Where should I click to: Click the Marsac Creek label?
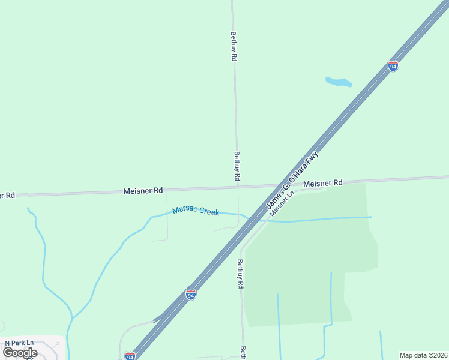tap(196, 211)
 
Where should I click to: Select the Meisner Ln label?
tap(282, 204)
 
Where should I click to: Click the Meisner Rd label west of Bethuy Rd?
tap(143, 191)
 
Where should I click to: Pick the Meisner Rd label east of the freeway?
tap(322, 183)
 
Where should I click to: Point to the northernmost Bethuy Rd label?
tap(234, 46)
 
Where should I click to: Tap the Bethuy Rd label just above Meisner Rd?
tap(237, 166)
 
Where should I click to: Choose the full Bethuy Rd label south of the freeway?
tap(240, 274)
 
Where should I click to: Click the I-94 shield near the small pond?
tap(393, 66)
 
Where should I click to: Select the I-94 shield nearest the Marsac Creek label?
tap(191, 294)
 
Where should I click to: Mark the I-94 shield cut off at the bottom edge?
tap(130, 356)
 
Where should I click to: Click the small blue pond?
tap(339, 82)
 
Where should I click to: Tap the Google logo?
tap(20, 352)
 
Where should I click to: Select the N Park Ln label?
tap(19, 343)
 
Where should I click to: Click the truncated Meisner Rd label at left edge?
tap(7, 196)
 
